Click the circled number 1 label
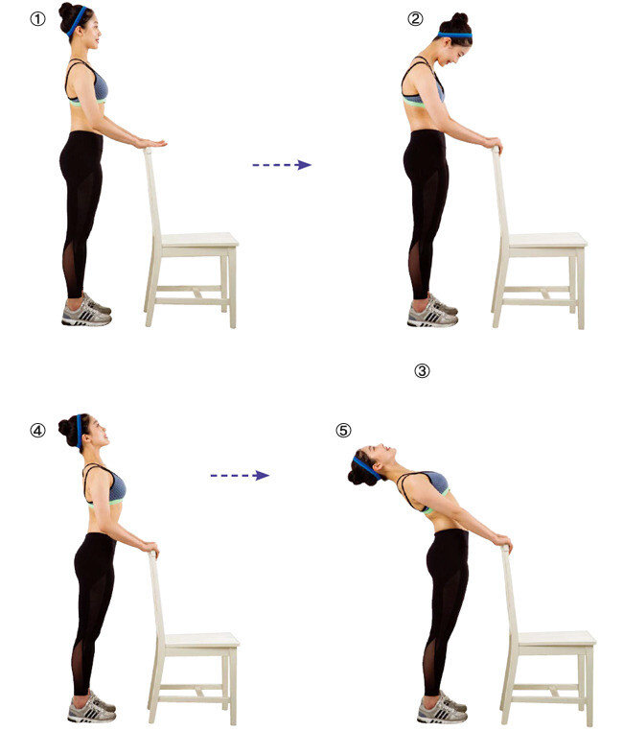pyautogui.click(x=38, y=19)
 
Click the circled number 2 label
pyautogui.click(x=415, y=18)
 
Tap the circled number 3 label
pyautogui.click(x=423, y=371)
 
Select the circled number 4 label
pyautogui.click(x=38, y=430)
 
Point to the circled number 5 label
pyautogui.click(x=344, y=430)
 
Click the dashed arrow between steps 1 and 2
pyautogui.click(x=282, y=165)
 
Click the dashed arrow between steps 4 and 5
pyautogui.click(x=240, y=476)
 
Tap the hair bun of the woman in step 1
pyautogui.click(x=66, y=11)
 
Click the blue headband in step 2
pyautogui.click(x=455, y=35)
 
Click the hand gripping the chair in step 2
pyautogui.click(x=493, y=143)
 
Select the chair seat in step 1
pyautogui.click(x=199, y=240)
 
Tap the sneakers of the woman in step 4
pyautogui.click(x=92, y=708)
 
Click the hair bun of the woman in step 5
pyautogui.click(x=358, y=472)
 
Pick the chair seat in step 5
pyautogui.click(x=557, y=639)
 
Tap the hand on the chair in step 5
pyautogui.click(x=503, y=542)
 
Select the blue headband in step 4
pyautogui.click(x=79, y=432)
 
